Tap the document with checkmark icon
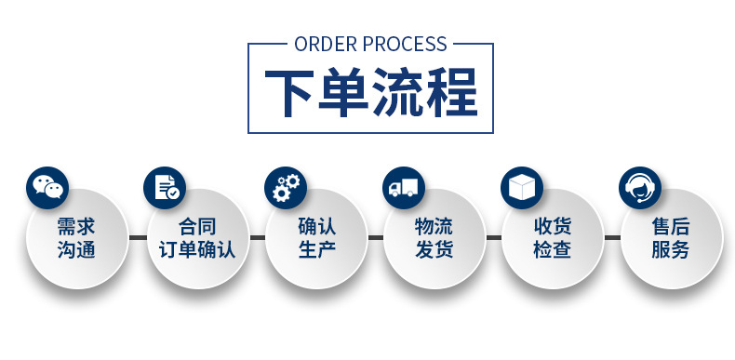(x=166, y=187)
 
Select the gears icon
(x=284, y=187)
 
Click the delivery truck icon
(x=404, y=187)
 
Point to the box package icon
(x=522, y=187)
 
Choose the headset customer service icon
(x=640, y=187)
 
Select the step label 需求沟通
(x=76, y=238)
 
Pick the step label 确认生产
(x=315, y=238)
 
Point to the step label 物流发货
(x=434, y=238)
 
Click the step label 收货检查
(x=552, y=238)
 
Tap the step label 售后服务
(x=670, y=238)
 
